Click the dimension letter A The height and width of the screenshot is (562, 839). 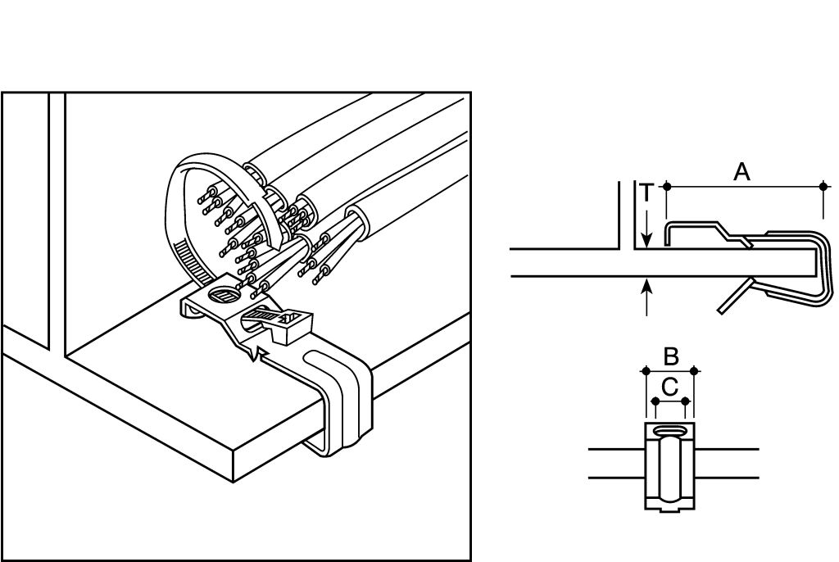tap(741, 172)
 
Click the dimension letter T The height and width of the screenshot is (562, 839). tap(647, 193)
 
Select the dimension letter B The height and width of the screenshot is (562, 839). tap(671, 356)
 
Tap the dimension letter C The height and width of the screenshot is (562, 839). tap(670, 387)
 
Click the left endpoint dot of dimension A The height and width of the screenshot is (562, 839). tap(667, 186)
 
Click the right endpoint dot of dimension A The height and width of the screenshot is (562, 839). tap(823, 186)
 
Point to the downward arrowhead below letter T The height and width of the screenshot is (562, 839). tap(647, 240)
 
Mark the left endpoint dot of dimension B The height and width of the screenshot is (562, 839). tap(646, 370)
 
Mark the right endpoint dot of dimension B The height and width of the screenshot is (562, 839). tap(694, 370)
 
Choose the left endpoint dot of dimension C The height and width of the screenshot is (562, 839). tap(655, 401)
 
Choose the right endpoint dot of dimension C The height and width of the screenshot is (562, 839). tap(686, 401)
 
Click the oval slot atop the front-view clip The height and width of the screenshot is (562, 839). tap(670, 431)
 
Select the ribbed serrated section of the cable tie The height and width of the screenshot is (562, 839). tap(188, 262)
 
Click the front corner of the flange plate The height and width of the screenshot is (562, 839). tap(234, 453)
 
